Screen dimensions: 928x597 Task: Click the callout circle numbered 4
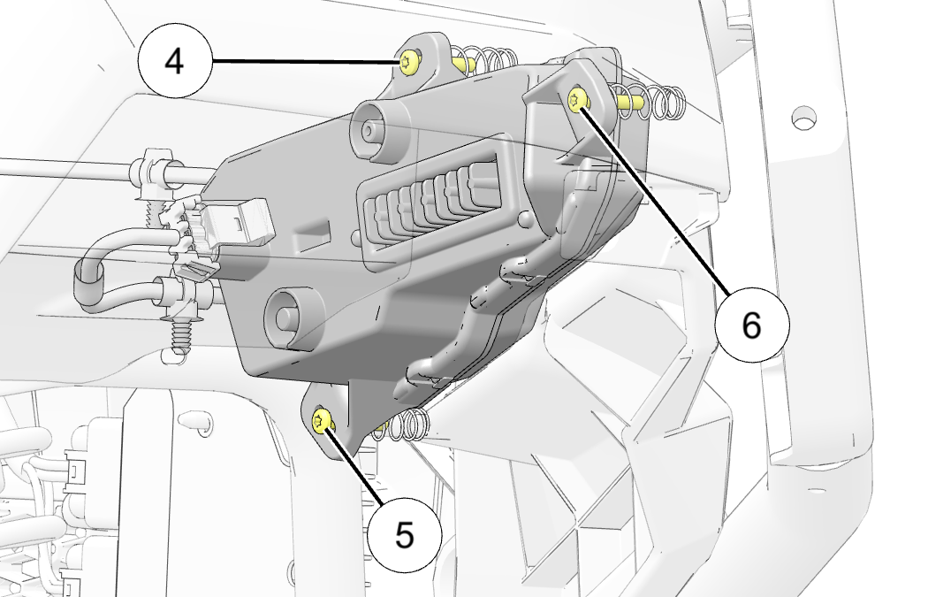tap(175, 60)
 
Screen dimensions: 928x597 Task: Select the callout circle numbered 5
tap(404, 535)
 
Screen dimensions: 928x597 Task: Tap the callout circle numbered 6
tap(751, 325)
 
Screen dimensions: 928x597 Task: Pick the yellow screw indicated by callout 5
tap(322, 420)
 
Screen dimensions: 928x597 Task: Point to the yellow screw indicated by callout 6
tap(577, 99)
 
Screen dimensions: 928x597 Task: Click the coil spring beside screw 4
tap(490, 59)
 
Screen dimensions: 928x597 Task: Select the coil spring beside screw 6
tap(664, 102)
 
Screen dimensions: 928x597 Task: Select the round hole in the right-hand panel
tap(803, 118)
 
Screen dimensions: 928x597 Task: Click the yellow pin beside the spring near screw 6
tap(629, 102)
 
